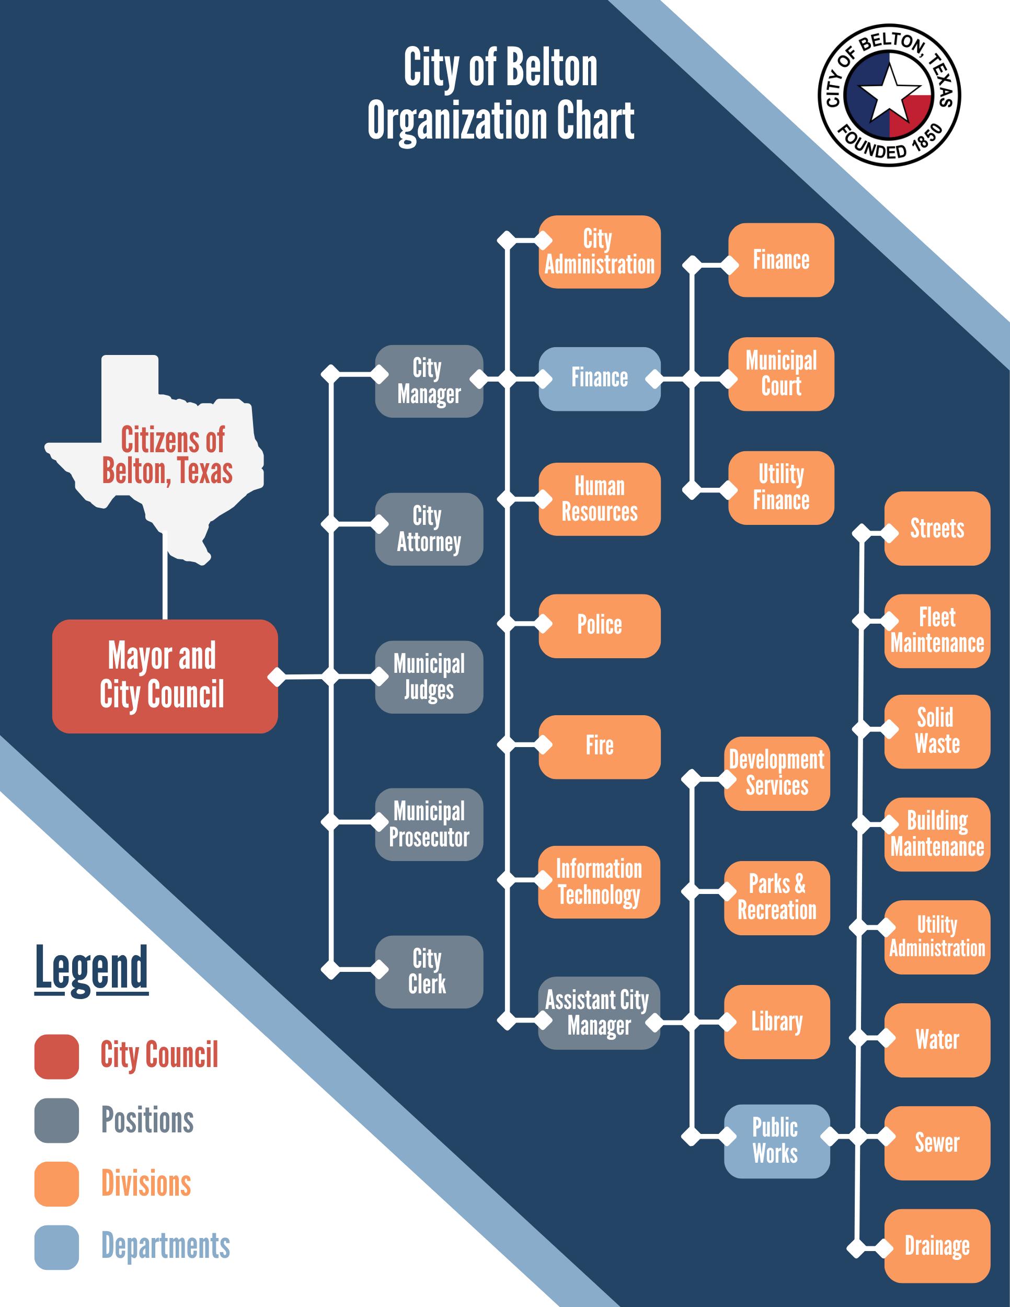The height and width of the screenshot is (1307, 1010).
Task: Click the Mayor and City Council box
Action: pos(165,675)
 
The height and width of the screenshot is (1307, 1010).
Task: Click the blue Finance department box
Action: pos(600,378)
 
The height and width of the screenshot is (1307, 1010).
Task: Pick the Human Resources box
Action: pos(600,499)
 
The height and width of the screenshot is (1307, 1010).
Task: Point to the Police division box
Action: pos(600,625)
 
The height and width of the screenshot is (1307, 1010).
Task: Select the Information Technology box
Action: pos(599,881)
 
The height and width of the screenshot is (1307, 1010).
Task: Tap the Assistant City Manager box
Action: pos(599,1013)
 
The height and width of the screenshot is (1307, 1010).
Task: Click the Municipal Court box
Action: pos(781,374)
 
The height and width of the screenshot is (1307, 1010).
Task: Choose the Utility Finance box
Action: pos(781,488)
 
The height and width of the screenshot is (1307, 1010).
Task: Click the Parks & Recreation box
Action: pos(777,898)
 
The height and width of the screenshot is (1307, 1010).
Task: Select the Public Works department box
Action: pos(777,1141)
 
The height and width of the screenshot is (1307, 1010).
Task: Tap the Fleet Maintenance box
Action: pos(937,631)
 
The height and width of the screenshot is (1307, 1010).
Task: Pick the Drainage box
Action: pos(937,1246)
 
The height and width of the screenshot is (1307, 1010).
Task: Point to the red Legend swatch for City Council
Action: pos(57,1056)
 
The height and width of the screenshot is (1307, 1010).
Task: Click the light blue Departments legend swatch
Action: pos(57,1247)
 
